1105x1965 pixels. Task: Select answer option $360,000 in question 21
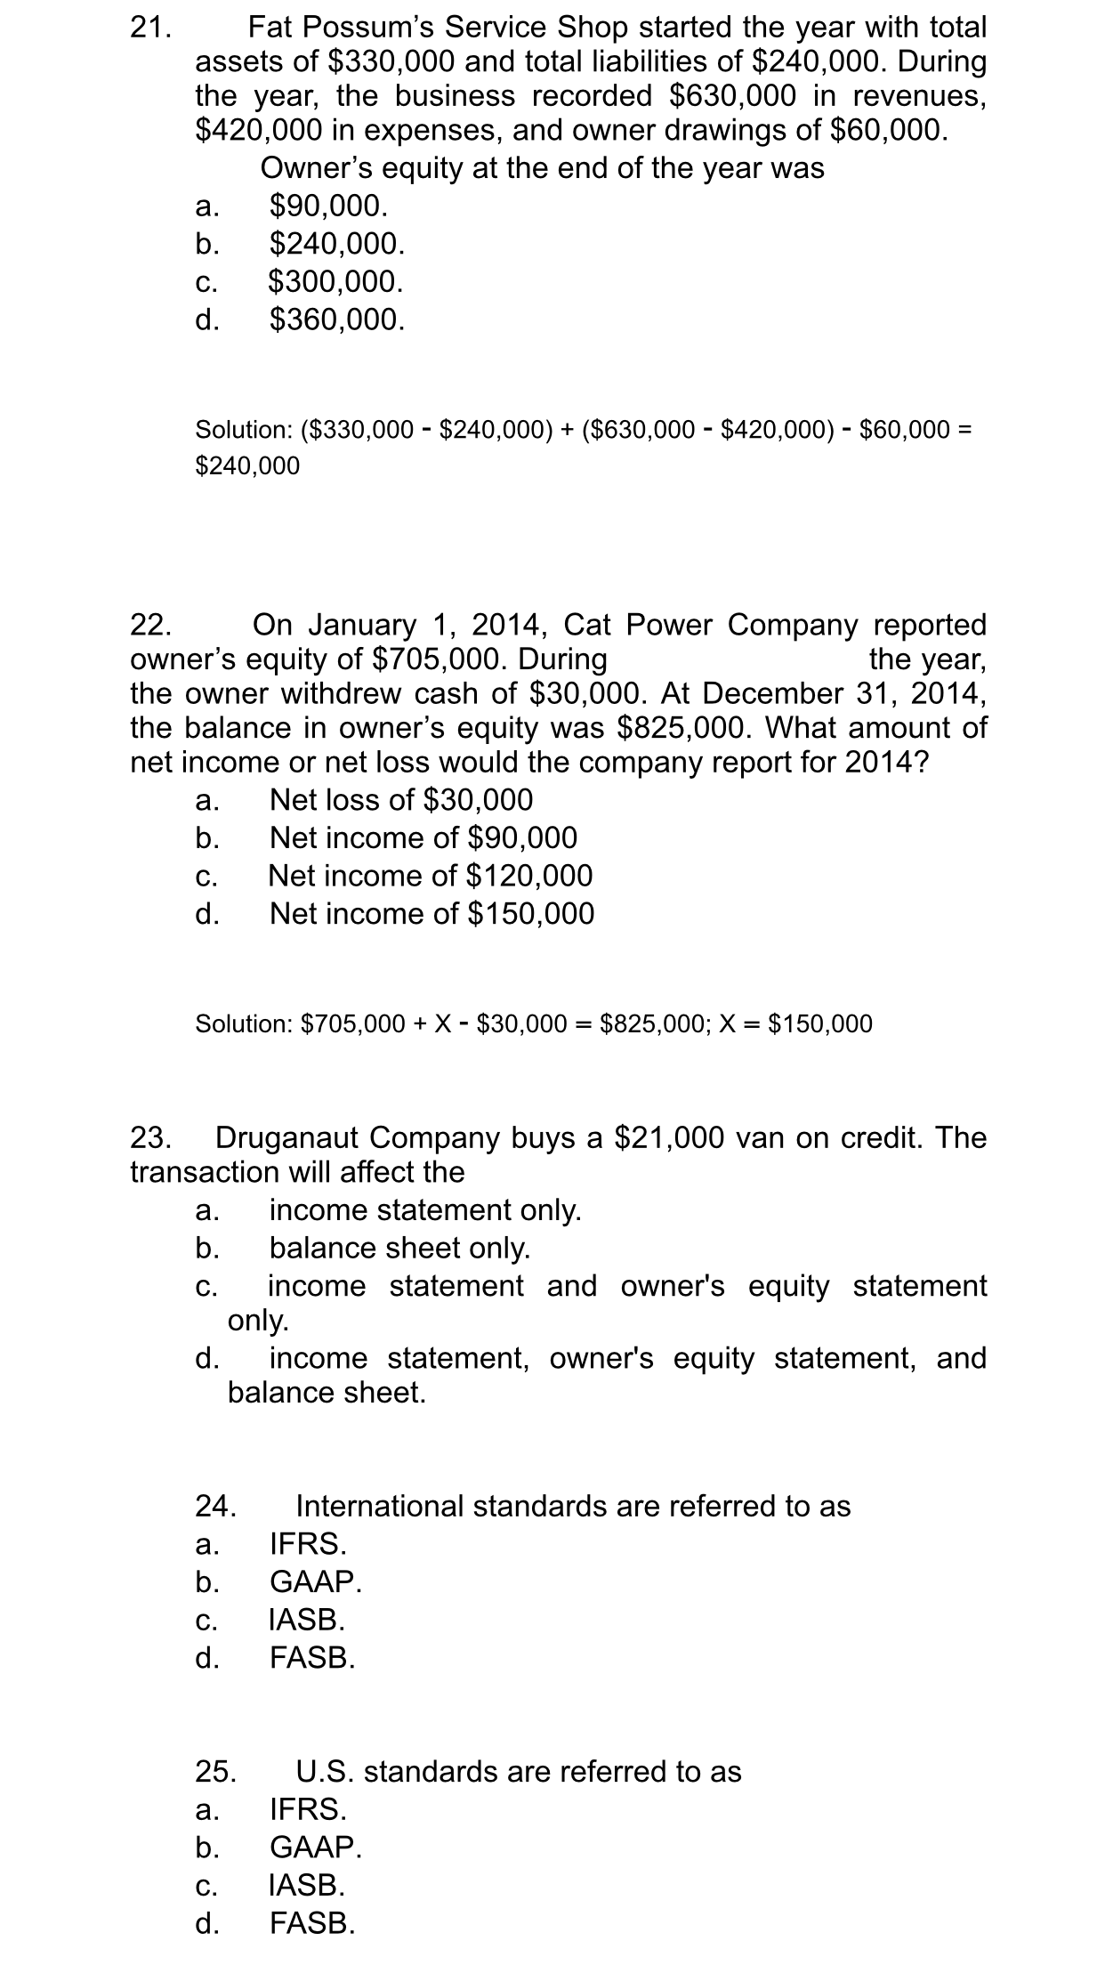coord(337,319)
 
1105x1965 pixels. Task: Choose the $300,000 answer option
coord(335,281)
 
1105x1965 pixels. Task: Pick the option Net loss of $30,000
coord(401,800)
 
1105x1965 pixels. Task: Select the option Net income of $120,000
coord(431,876)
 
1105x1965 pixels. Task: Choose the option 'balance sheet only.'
coord(399,1248)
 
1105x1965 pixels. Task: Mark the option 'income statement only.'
coord(425,1210)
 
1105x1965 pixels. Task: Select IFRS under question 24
coord(308,1542)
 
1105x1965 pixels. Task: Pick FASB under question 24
coord(312,1657)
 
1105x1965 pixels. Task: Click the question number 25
coord(216,1771)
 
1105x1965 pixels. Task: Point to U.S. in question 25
coord(326,1771)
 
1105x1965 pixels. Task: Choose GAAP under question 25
coord(316,1848)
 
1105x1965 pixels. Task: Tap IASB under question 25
coord(307,1885)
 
